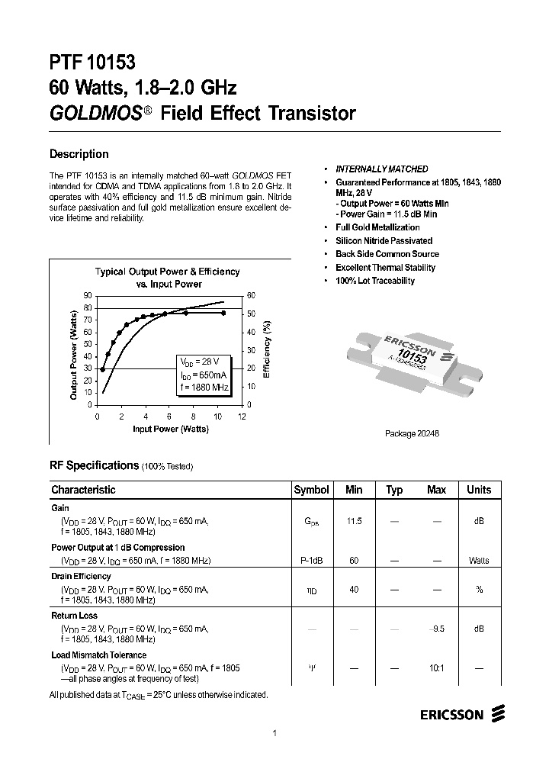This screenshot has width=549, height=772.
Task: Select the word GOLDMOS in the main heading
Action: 95,114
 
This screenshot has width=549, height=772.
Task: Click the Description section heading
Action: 79,154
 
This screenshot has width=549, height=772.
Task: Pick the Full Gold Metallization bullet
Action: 377,227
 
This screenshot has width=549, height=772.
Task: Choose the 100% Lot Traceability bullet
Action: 375,281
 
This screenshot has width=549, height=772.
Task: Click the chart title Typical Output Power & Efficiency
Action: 167,272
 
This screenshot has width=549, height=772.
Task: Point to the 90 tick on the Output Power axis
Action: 88,295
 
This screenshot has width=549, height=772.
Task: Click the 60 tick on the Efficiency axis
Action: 251,295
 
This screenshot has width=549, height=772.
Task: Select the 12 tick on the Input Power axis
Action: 242,417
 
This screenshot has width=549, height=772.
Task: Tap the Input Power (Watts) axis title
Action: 171,429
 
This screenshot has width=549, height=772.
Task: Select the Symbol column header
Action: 311,490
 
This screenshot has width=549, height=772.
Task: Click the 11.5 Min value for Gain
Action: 354,520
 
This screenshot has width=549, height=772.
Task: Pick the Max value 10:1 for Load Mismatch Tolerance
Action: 436,667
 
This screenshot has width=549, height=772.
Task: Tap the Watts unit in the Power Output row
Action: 479,561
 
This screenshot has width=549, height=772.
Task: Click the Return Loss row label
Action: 74,615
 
